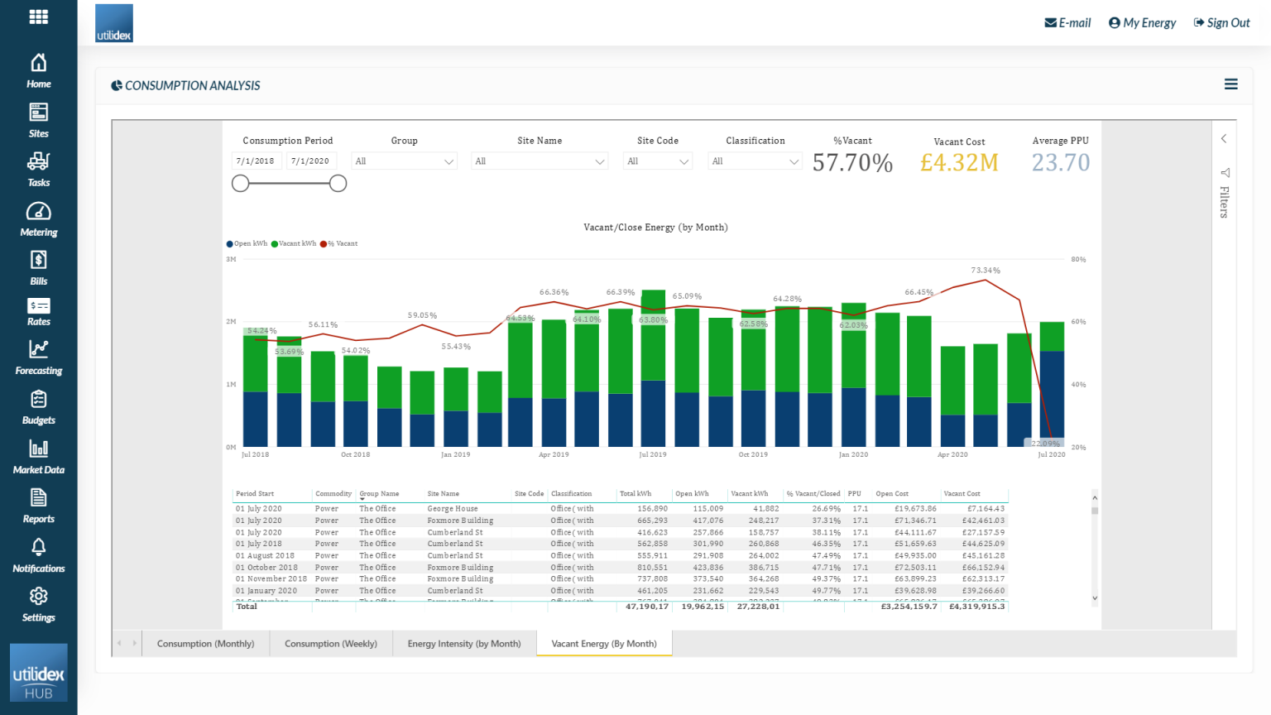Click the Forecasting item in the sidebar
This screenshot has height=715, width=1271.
coord(38,358)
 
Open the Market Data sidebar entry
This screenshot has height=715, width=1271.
coord(38,457)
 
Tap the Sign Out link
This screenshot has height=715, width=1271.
coord(1221,23)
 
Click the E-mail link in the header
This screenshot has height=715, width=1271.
coord(1067,23)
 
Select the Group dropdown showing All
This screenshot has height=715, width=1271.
coord(404,161)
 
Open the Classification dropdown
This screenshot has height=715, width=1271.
coord(755,161)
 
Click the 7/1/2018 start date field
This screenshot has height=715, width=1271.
coord(255,161)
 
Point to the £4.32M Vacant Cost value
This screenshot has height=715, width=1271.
coord(959,163)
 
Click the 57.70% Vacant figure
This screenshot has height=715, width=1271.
coord(852,163)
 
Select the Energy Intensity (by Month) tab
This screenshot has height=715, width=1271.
coord(464,644)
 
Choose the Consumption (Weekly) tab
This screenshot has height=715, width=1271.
coord(331,644)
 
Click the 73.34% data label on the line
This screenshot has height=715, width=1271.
coord(986,271)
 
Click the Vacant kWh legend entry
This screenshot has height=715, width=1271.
coord(296,244)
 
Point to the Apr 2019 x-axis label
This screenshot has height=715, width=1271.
coord(554,454)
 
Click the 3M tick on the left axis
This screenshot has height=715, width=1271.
coord(231,260)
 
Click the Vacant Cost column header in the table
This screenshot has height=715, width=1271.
coord(962,494)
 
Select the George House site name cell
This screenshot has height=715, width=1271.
coord(453,509)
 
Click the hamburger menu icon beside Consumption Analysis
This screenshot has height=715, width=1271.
coord(1231,84)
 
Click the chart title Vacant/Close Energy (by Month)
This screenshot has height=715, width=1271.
coord(655,228)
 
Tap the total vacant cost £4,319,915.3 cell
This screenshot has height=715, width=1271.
coord(976,607)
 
